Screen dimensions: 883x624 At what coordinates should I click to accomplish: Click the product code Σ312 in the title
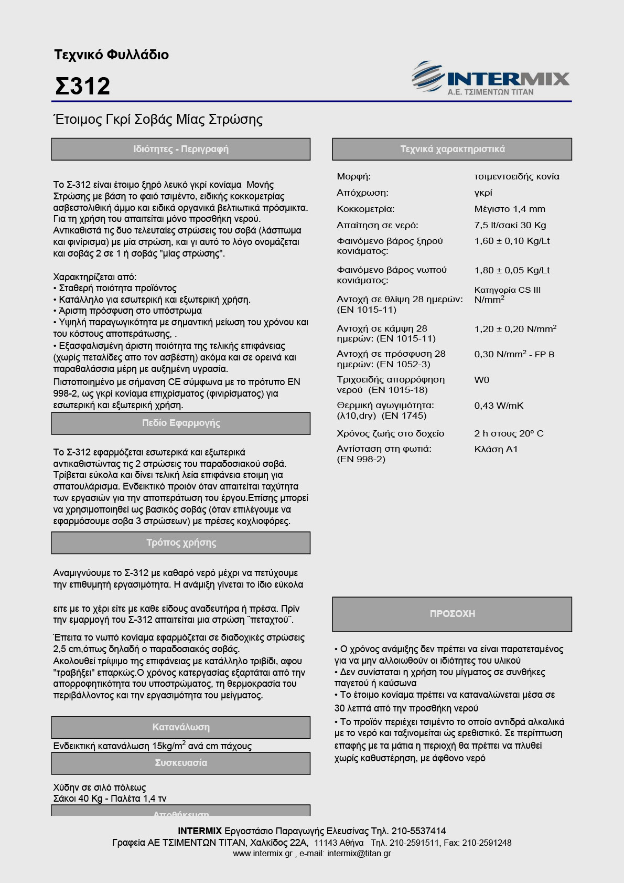(x=82, y=87)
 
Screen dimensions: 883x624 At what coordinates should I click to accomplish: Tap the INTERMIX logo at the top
(x=491, y=79)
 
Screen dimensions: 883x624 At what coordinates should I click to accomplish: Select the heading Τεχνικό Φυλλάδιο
(x=111, y=55)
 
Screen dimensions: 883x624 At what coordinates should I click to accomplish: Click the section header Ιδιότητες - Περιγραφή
(x=180, y=149)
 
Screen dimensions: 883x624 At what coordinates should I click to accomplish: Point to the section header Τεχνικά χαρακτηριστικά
(x=452, y=149)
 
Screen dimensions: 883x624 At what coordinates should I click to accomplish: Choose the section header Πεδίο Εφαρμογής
(x=180, y=423)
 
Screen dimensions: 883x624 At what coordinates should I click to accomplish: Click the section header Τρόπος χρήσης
(x=180, y=542)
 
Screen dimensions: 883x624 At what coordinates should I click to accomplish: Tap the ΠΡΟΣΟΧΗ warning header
(x=452, y=614)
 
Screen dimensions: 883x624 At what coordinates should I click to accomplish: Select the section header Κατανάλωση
(x=180, y=727)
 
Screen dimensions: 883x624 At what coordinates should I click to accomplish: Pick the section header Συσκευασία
(x=180, y=763)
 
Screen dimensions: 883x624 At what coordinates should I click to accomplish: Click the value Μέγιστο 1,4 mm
(x=510, y=209)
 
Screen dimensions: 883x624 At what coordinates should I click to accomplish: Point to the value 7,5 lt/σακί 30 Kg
(x=510, y=225)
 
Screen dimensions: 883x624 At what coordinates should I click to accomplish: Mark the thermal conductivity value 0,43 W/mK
(x=499, y=406)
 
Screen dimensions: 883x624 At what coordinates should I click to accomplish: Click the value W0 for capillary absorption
(x=481, y=380)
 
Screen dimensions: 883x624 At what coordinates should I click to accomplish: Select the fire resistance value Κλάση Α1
(x=496, y=449)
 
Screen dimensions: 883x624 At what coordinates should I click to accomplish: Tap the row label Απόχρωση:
(x=362, y=193)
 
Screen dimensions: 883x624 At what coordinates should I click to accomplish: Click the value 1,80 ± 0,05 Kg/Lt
(x=512, y=270)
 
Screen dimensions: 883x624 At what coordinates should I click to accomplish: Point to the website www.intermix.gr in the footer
(x=263, y=854)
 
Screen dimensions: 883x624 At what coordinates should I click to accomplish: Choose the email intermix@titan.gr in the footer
(x=359, y=854)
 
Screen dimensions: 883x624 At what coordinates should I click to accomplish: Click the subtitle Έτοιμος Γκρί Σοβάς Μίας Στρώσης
(x=158, y=120)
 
